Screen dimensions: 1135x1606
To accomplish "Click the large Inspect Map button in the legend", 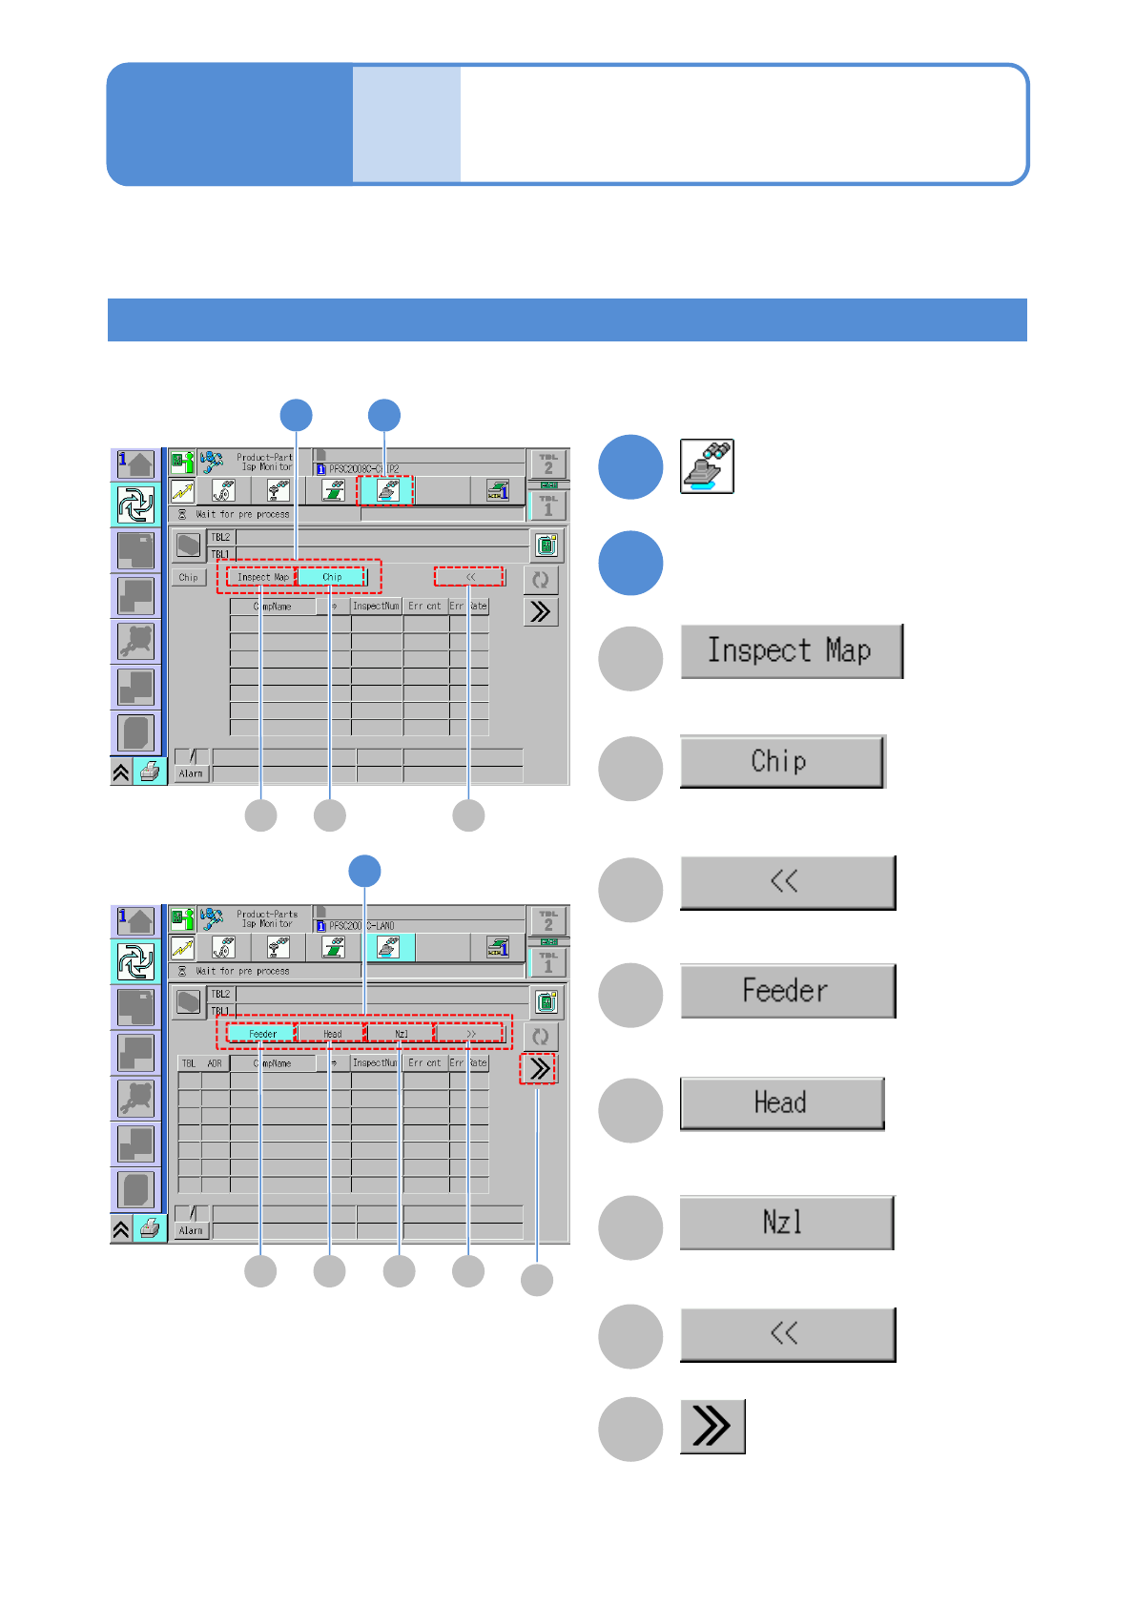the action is (x=791, y=651).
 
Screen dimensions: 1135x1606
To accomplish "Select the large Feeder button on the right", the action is (x=787, y=991).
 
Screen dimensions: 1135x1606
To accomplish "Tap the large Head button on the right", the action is (x=781, y=1103).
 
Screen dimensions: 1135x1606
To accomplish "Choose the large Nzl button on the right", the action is (x=786, y=1223).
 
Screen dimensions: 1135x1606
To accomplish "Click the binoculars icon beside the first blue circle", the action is (x=707, y=466).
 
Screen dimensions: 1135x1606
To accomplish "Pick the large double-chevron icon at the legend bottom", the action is (x=712, y=1427).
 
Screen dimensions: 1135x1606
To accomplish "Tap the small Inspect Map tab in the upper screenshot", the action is (x=262, y=577).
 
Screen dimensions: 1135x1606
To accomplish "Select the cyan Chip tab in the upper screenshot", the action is (x=331, y=577).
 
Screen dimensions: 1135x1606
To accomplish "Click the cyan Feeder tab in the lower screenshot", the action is (x=262, y=1034).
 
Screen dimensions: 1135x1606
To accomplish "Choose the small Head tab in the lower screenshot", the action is (x=332, y=1034).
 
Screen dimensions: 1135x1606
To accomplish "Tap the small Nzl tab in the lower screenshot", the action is (x=401, y=1034).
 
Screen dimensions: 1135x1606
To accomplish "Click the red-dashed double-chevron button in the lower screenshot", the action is (x=539, y=1069).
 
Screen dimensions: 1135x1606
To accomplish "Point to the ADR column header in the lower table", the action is (x=215, y=1063).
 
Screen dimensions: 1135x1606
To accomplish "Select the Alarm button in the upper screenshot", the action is (x=191, y=773).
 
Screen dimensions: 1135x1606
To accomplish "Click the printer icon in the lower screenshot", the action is (x=150, y=1229).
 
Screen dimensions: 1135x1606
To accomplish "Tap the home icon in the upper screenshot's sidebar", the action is (x=135, y=464).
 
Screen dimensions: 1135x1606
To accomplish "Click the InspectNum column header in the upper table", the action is (x=376, y=607).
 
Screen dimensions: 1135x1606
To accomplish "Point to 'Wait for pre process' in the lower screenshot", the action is (x=242, y=971).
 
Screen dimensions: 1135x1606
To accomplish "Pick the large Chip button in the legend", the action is (x=781, y=761).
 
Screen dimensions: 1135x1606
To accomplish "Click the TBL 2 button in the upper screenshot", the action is (x=548, y=464).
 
